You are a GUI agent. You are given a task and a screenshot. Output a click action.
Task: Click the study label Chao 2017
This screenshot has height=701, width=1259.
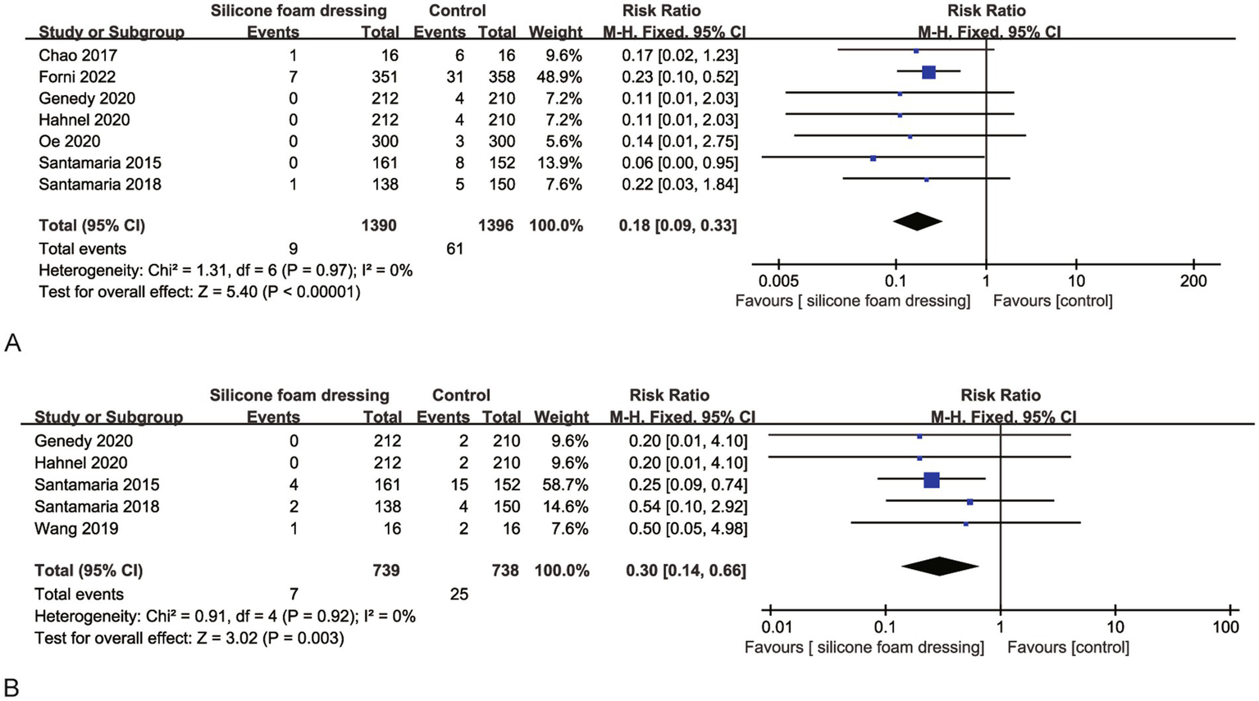[x=78, y=56]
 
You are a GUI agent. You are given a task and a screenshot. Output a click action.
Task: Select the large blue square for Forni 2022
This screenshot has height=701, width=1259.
[x=928, y=72]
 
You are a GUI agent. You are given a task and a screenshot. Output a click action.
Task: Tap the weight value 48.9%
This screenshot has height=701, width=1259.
[x=555, y=77]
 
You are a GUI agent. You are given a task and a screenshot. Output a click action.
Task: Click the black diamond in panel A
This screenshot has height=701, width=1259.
[x=917, y=221]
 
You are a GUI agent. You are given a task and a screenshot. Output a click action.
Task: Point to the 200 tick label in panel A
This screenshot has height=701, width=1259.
[x=1193, y=281]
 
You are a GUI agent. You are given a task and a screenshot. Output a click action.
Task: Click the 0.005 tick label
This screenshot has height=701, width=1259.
[x=779, y=281]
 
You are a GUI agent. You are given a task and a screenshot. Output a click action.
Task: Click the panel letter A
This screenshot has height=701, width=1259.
[x=12, y=343]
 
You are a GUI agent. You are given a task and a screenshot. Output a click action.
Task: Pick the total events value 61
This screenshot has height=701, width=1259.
[x=454, y=248]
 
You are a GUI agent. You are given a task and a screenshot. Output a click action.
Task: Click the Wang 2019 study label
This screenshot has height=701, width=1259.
[x=76, y=529]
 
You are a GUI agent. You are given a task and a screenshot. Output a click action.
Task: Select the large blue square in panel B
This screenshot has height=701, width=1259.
[x=932, y=480]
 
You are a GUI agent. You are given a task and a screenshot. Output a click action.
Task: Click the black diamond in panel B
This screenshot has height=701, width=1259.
[x=940, y=567]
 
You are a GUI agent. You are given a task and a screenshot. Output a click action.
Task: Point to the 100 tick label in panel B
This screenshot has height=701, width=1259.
[x=1226, y=627]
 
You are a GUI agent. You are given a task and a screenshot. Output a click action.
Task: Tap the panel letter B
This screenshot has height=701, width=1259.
[x=12, y=686]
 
